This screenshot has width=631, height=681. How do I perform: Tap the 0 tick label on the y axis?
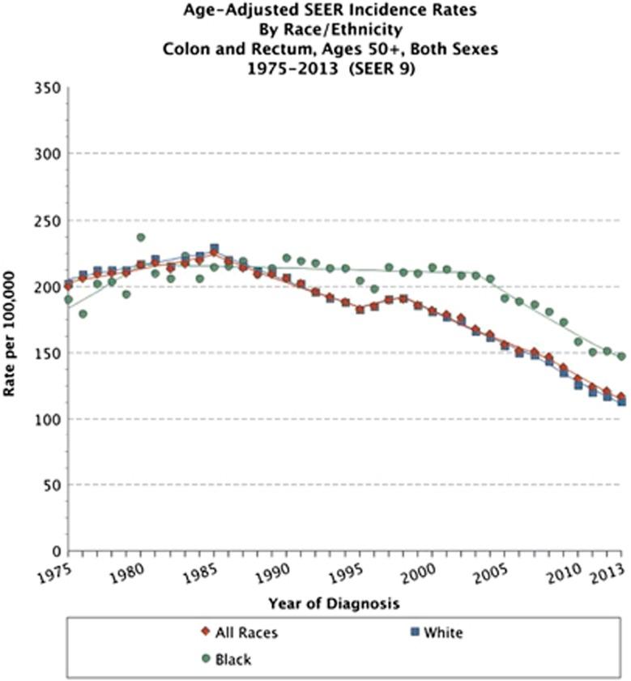click(55, 551)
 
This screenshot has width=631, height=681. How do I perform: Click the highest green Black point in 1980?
click(141, 238)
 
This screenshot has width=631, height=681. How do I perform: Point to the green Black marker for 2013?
click(621, 356)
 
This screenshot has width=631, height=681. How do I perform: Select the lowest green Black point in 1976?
click(83, 314)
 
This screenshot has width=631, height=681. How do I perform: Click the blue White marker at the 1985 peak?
click(214, 248)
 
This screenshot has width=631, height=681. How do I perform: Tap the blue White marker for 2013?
click(621, 401)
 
